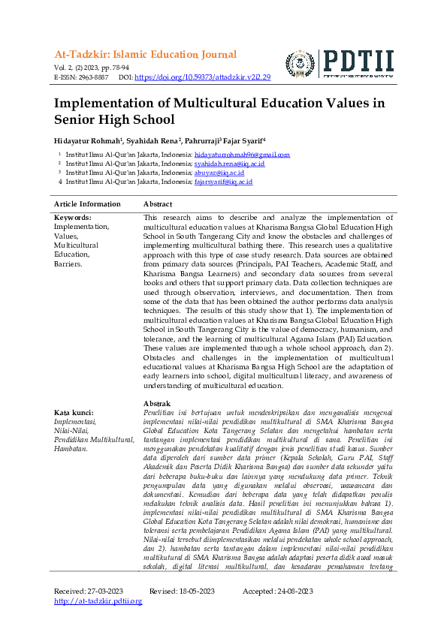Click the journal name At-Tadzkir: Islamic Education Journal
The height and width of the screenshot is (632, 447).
pos(145,55)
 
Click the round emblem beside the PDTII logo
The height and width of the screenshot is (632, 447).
pos(301,65)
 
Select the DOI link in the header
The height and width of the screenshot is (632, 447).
pos(203,77)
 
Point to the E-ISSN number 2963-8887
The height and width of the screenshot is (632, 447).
pos(92,77)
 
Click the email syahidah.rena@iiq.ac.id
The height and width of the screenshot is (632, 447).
pos(229,164)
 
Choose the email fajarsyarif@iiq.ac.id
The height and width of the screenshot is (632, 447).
pos(223,182)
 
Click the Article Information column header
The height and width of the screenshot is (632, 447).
pos(87,204)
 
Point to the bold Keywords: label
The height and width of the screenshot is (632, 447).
pos(73,218)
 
